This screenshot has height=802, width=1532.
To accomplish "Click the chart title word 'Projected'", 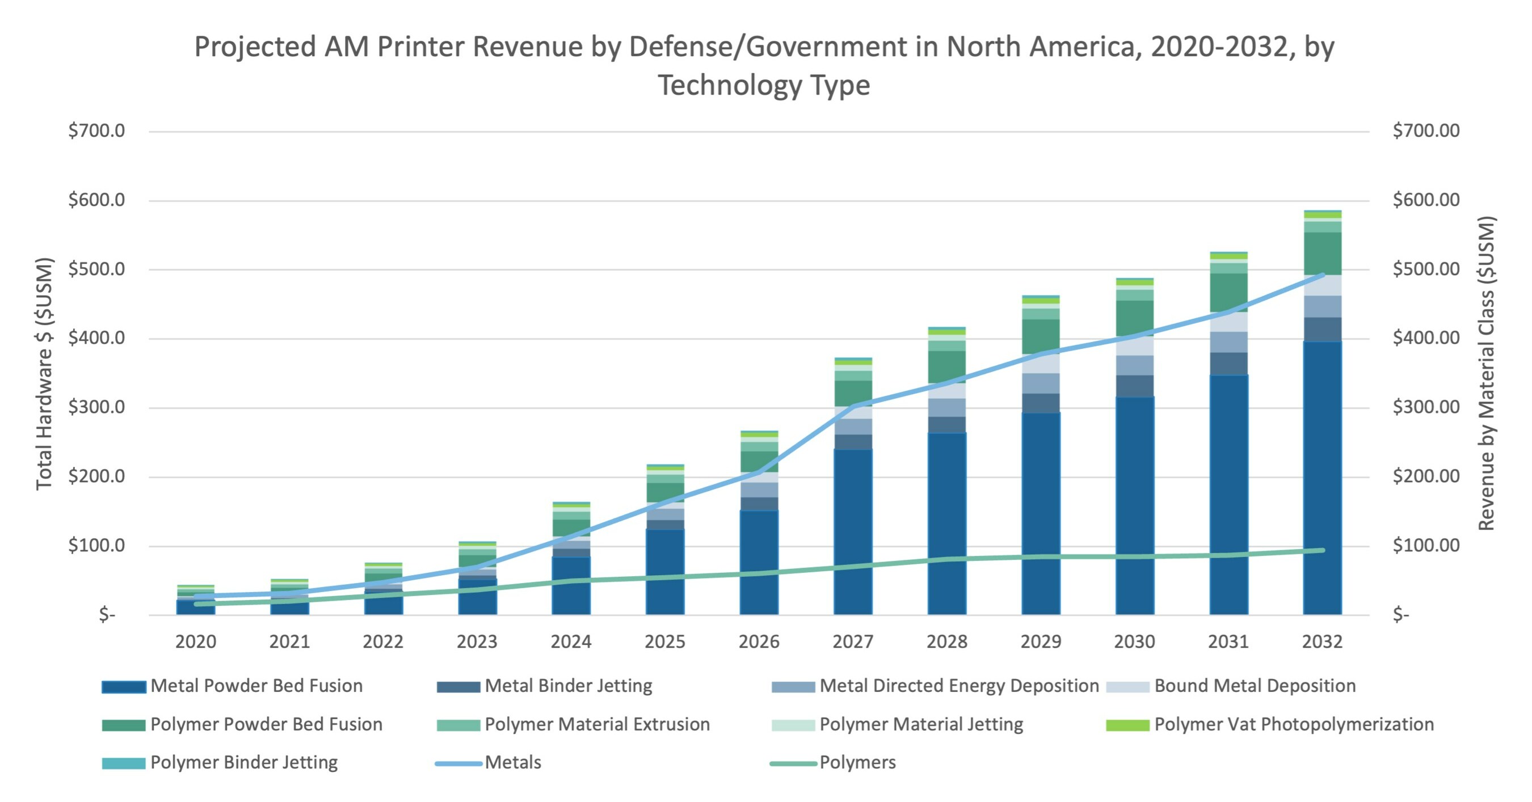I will pyautogui.click(x=254, y=48).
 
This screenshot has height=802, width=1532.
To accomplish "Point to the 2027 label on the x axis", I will pyautogui.click(x=852, y=641).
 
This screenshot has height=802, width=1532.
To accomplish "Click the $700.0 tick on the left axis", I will pyautogui.click(x=96, y=131).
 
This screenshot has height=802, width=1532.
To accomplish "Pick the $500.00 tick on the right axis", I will pyautogui.click(x=1425, y=269).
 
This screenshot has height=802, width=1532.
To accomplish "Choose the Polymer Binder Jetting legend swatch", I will pyautogui.click(x=124, y=763).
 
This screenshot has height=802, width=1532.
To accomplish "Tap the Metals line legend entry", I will pyautogui.click(x=512, y=763).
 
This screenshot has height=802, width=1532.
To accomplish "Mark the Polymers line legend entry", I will pyautogui.click(x=857, y=763).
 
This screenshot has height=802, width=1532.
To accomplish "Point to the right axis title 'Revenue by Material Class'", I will pyautogui.click(x=1486, y=373).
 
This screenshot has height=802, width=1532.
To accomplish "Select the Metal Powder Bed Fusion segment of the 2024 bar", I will pyautogui.click(x=570, y=585).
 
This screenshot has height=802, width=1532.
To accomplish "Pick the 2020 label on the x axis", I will pyautogui.click(x=196, y=641).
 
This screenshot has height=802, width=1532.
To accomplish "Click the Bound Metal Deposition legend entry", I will pyautogui.click(x=1255, y=686).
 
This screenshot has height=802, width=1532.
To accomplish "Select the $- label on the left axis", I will pyautogui.click(x=107, y=615).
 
